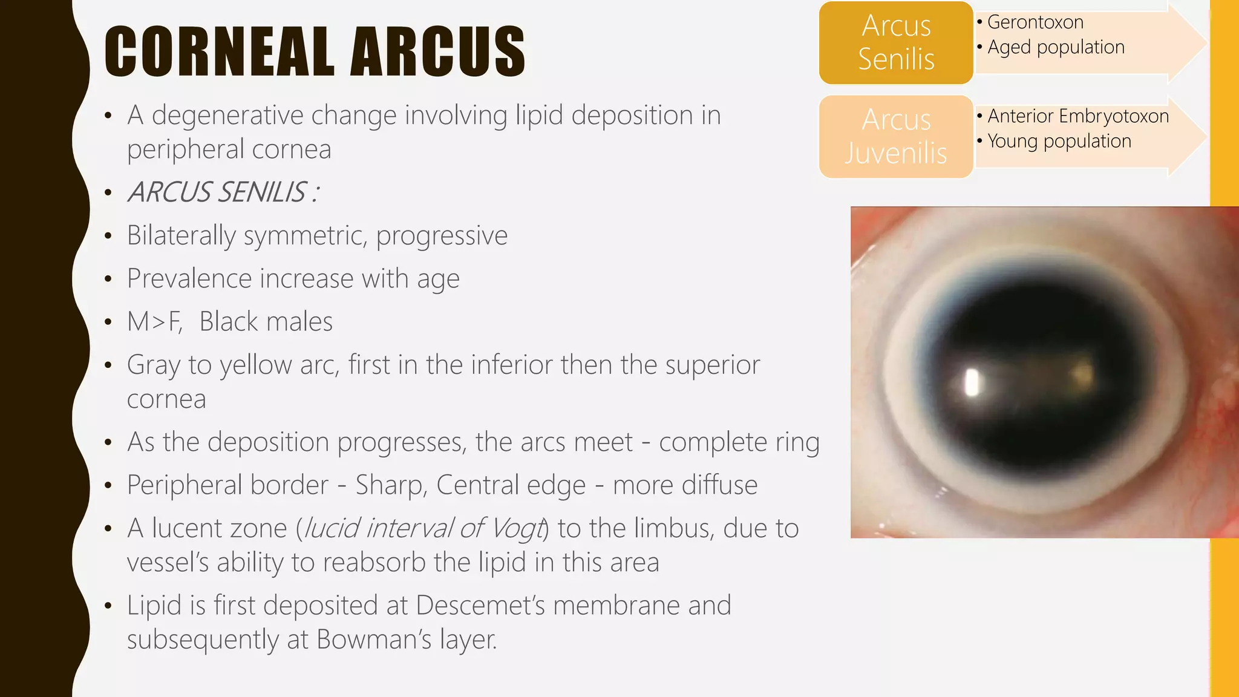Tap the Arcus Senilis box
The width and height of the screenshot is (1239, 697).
coord(896,43)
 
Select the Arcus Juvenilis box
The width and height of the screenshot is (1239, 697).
coord(896,137)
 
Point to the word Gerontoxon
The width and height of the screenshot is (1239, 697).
coord(1035,22)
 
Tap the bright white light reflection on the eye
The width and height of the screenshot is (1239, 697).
coord(972,382)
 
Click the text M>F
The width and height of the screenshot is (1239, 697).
coord(154,322)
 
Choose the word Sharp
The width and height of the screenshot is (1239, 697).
coord(389,485)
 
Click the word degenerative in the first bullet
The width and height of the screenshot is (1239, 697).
coord(227,116)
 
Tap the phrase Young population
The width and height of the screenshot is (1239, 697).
coord(1059,141)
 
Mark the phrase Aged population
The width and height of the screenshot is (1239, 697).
coord(1056,47)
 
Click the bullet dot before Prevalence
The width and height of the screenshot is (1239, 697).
coord(108,280)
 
